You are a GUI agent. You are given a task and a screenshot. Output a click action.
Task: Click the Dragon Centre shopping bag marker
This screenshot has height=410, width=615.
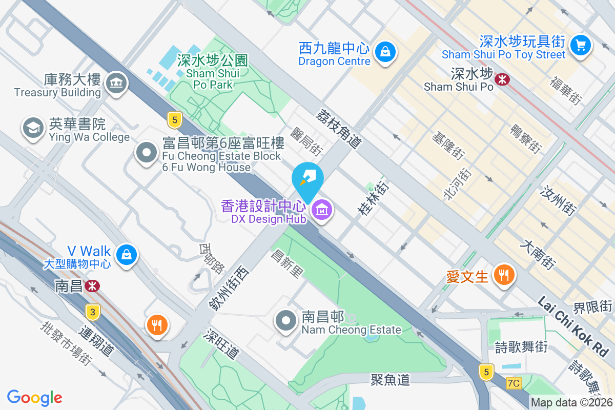[384, 51]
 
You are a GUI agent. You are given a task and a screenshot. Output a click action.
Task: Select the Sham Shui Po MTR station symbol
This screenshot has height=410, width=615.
[502, 78]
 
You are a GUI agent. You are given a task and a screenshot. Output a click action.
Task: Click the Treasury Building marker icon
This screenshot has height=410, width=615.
[116, 83]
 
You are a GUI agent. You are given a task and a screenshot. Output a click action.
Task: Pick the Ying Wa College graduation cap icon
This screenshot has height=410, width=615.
[33, 128]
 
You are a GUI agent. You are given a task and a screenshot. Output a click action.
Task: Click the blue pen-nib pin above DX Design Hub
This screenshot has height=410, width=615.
[307, 177]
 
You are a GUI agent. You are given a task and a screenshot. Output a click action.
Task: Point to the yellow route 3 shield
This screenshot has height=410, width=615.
[92, 312]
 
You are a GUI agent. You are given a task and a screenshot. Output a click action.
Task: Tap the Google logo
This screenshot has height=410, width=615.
[35, 398]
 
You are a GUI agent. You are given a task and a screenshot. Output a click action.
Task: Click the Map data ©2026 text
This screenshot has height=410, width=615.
[571, 403]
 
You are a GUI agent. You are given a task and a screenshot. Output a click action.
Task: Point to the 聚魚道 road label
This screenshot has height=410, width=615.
[391, 380]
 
